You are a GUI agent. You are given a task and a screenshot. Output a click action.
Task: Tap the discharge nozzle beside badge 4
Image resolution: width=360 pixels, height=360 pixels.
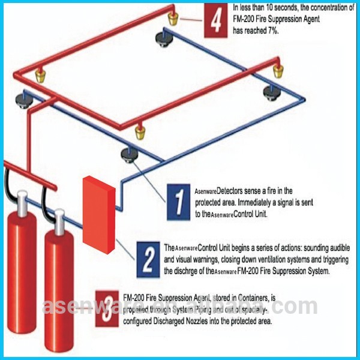pos(173,17)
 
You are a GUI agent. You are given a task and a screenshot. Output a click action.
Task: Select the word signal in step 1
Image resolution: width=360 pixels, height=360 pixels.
pos(289,202)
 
